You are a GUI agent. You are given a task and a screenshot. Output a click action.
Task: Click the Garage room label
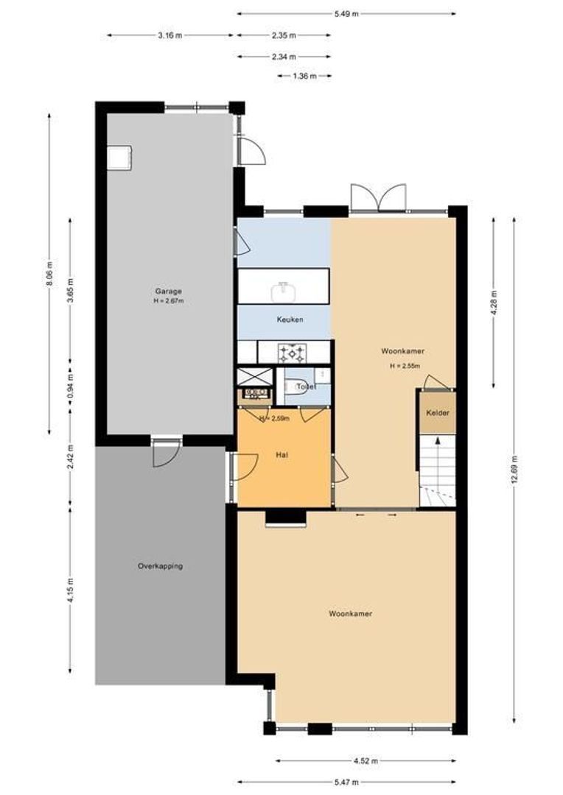click(168, 291)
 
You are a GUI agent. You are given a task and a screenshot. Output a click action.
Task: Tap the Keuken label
click(290, 319)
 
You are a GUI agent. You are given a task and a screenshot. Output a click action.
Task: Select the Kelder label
click(437, 413)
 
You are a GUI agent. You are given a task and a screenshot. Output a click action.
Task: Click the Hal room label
click(281, 456)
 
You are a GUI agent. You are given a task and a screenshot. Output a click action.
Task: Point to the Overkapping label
click(160, 566)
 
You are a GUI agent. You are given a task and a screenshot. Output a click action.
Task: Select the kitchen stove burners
click(291, 353)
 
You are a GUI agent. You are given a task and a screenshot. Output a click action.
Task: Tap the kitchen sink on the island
click(284, 291)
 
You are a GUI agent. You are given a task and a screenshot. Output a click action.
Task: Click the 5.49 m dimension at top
click(346, 13)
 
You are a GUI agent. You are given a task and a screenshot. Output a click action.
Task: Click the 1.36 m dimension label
click(304, 76)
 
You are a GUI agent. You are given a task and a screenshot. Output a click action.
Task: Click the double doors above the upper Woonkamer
click(378, 197)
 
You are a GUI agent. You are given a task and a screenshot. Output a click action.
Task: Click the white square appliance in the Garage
click(119, 157)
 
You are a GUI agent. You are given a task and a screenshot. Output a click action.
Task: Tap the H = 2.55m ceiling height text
click(405, 366)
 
